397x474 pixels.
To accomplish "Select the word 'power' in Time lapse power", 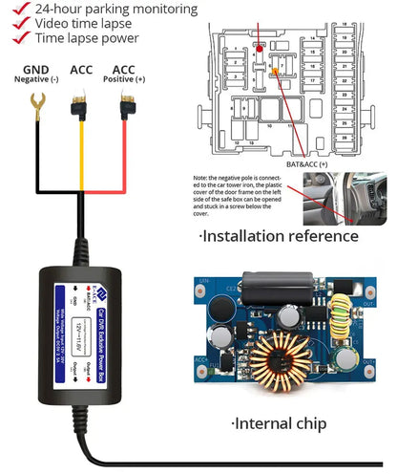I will click(x=116, y=39).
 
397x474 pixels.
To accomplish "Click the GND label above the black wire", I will click(x=35, y=70).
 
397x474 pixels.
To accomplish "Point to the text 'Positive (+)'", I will click(x=124, y=80).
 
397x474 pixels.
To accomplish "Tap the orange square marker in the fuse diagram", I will click(x=276, y=71).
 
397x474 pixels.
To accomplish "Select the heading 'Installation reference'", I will click(x=278, y=235).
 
